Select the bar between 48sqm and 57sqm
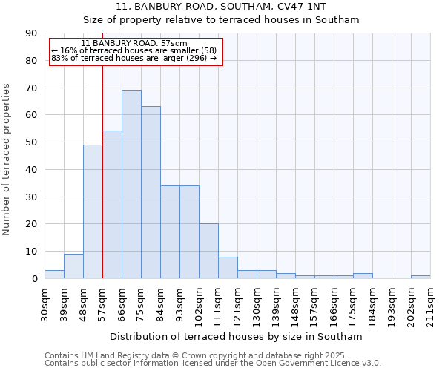pos(93,211)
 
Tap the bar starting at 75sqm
pos(151,192)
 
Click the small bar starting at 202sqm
pos(421,277)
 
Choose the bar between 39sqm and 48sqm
pos(73,266)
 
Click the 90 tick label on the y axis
pos(31,33)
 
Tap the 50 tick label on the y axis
pos(31,142)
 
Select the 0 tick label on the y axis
pos(34,279)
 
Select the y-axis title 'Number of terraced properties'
pos(7,159)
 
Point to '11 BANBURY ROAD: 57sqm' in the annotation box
pos(134,44)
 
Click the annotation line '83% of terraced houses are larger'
pos(134,58)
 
